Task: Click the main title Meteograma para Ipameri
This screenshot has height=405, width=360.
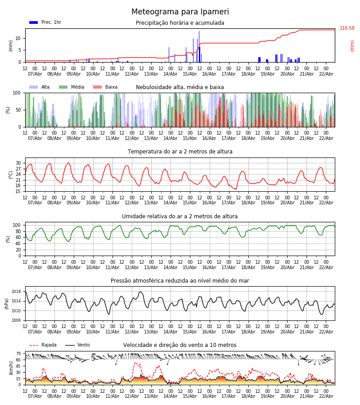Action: click(180, 12)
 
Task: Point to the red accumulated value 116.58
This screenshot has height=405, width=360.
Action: click(347, 28)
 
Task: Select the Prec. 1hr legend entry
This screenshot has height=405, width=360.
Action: click(45, 22)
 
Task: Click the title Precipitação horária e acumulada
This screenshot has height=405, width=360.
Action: click(180, 23)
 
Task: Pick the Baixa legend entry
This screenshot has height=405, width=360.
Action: click(105, 87)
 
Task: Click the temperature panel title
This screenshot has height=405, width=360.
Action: click(180, 152)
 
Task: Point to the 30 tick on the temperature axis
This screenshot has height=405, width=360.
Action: click(18, 163)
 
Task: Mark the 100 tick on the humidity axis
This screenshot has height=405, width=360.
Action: click(17, 225)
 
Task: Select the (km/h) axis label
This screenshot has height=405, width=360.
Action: click(11, 368)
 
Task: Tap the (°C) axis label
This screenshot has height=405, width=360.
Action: click(11, 175)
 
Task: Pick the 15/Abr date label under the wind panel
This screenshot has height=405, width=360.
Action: click(190, 396)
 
